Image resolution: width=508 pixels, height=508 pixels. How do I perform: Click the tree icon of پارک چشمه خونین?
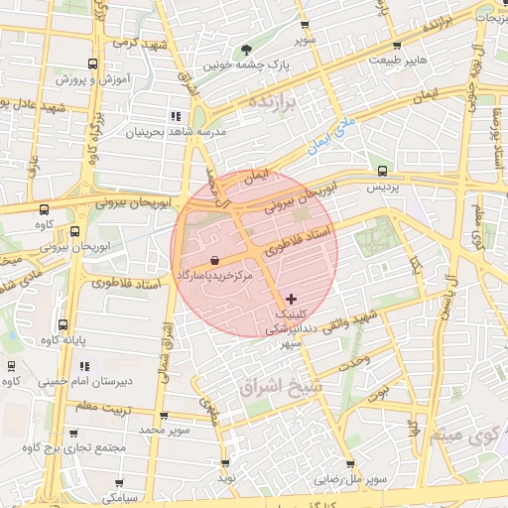[x=245, y=51]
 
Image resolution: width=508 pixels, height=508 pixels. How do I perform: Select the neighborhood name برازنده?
[x=273, y=103]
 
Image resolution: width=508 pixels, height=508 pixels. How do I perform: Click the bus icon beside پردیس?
[x=383, y=171]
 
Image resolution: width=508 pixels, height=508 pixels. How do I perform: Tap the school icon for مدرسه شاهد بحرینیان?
[x=175, y=116]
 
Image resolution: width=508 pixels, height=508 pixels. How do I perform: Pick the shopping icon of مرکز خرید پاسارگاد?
[x=214, y=259]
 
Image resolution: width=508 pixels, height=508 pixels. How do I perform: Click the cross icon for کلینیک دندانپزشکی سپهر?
[x=291, y=299]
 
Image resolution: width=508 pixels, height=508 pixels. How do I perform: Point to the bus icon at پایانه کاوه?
[x=63, y=324]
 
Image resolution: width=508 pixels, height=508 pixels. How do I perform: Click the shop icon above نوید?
[x=225, y=463]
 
